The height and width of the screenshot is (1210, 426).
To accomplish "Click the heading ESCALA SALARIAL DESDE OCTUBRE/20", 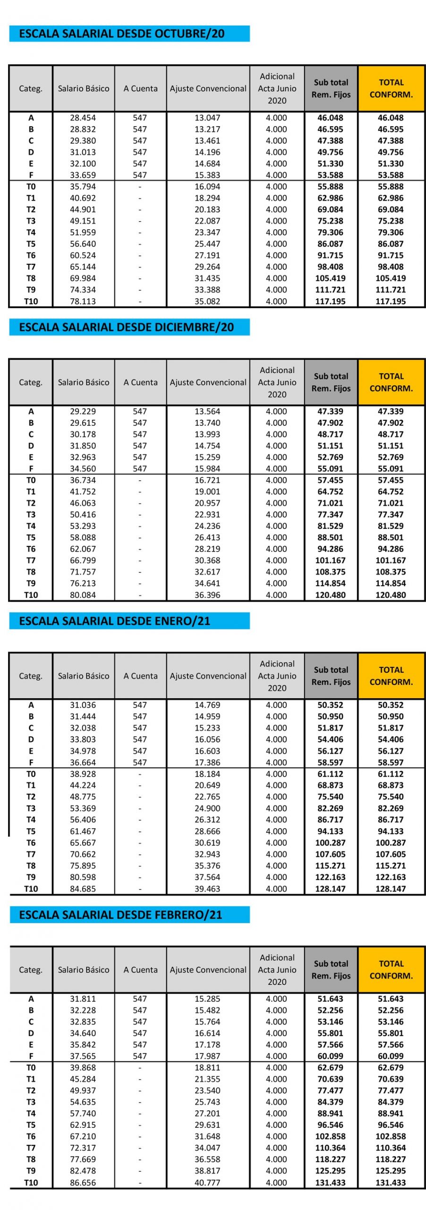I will (x=121, y=34).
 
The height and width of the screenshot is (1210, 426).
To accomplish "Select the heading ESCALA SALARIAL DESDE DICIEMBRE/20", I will (x=126, y=327).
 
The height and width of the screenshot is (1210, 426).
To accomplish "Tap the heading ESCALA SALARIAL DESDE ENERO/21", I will (x=114, y=621).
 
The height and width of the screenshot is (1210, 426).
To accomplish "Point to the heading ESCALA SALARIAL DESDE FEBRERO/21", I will (x=120, y=915).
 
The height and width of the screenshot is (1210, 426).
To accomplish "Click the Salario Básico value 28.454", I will (x=83, y=118).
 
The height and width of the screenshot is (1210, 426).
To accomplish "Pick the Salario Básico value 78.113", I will (x=83, y=301).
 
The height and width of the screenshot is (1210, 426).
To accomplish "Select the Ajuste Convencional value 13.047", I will (x=207, y=118).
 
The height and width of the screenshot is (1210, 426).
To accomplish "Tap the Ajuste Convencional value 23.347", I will (x=207, y=232).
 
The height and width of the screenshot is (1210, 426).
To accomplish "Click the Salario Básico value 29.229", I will (x=83, y=411).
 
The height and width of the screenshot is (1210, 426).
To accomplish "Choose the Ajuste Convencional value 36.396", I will (x=207, y=595).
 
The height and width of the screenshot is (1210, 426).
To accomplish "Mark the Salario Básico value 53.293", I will (x=83, y=526).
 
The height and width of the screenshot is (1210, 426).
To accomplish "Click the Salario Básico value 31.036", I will (x=83, y=705).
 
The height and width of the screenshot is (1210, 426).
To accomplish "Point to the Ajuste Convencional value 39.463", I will (x=207, y=889).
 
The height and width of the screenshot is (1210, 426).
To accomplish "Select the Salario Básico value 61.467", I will (x=83, y=831).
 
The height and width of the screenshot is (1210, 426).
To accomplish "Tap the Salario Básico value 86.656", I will (x=83, y=1182).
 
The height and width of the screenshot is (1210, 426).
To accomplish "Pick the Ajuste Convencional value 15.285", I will (x=207, y=999).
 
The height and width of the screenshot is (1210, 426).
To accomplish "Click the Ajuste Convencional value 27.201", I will (x=207, y=1113).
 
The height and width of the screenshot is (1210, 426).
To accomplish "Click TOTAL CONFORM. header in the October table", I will (x=391, y=88).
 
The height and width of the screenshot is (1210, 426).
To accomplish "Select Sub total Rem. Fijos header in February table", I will (x=331, y=969).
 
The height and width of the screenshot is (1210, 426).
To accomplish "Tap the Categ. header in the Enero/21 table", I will (x=31, y=676).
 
